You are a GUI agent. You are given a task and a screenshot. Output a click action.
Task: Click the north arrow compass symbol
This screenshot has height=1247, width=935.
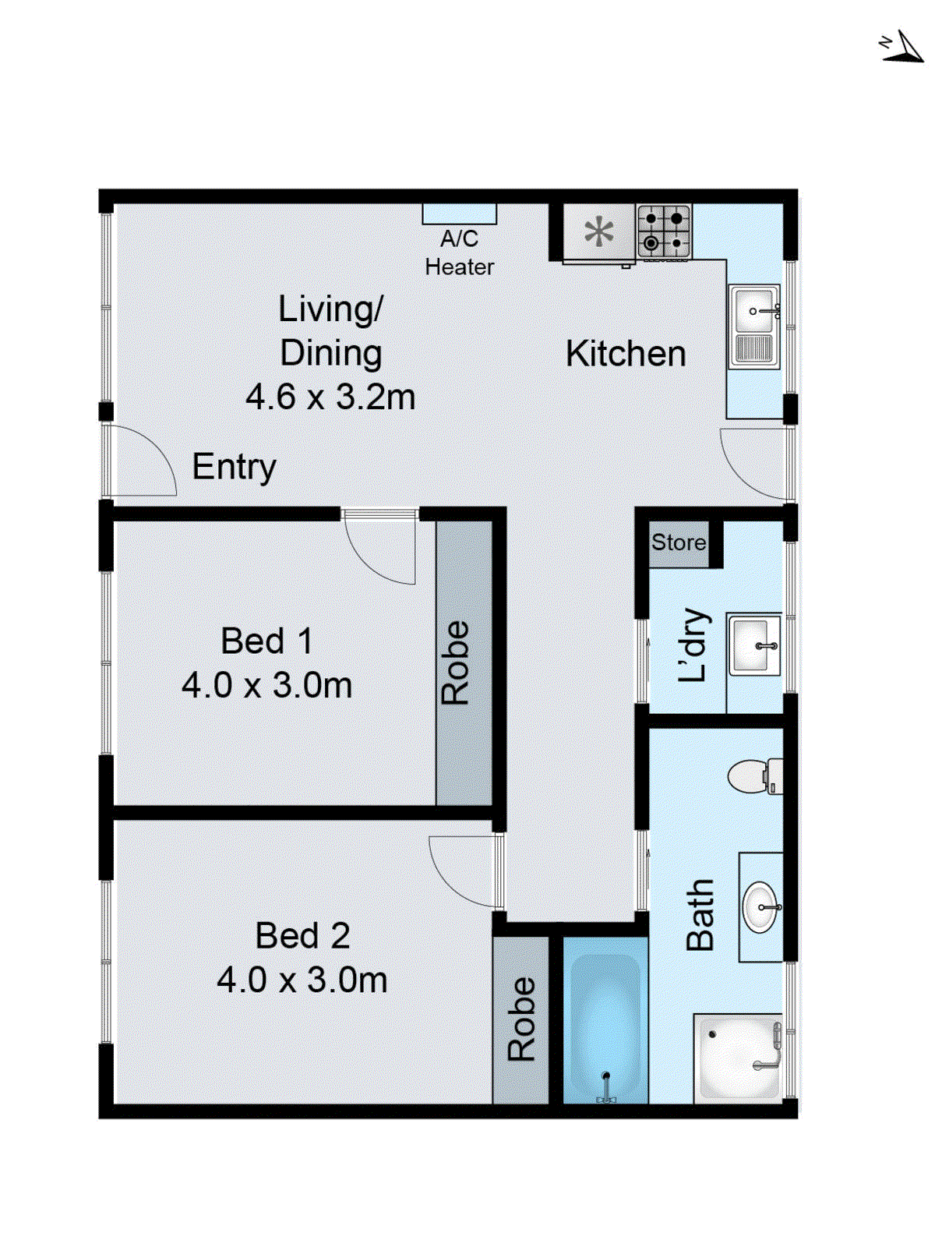[x=902, y=48]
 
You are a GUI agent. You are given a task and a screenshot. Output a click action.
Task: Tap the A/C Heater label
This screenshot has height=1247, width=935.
[x=459, y=253]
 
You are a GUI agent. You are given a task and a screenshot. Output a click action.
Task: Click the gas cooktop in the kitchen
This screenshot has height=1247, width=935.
[x=664, y=231]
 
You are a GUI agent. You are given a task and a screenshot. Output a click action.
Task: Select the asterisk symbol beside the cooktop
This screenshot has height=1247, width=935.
[x=598, y=232]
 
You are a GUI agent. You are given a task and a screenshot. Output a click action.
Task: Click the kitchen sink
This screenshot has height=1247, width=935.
[x=753, y=326]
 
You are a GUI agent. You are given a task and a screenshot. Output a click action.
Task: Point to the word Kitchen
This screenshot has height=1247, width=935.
[x=626, y=354]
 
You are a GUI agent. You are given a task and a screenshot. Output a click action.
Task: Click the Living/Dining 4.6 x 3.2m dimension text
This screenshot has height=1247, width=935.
[x=330, y=397]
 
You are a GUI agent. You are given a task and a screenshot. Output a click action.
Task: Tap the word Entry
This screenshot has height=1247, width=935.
[x=234, y=467]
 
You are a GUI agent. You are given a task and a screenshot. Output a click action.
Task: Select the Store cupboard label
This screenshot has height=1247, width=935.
[x=679, y=542]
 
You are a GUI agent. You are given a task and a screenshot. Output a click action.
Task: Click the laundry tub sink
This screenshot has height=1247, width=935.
[x=754, y=645]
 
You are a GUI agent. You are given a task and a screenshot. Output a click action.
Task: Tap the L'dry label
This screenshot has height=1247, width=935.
[x=693, y=645]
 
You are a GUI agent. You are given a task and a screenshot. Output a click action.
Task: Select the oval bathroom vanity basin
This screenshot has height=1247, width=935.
[x=760, y=907]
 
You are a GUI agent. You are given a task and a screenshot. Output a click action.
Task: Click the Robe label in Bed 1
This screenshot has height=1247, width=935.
[x=455, y=663]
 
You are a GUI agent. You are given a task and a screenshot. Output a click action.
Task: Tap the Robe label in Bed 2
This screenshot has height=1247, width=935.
[x=521, y=1019]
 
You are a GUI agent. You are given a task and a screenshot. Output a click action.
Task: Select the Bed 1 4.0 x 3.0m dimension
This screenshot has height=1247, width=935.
[x=267, y=686]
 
